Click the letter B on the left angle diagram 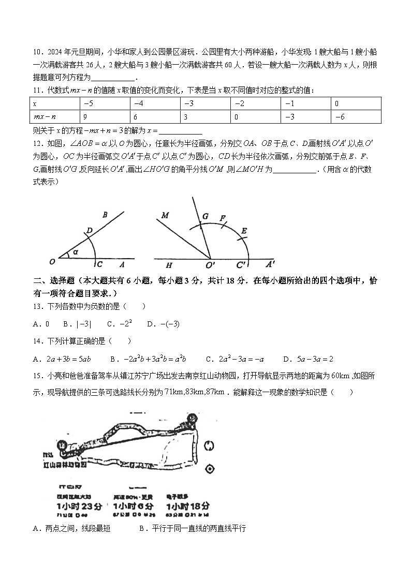pos(105,215)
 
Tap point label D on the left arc pos(89,231)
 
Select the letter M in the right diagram pos(165,215)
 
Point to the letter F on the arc pos(222,218)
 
